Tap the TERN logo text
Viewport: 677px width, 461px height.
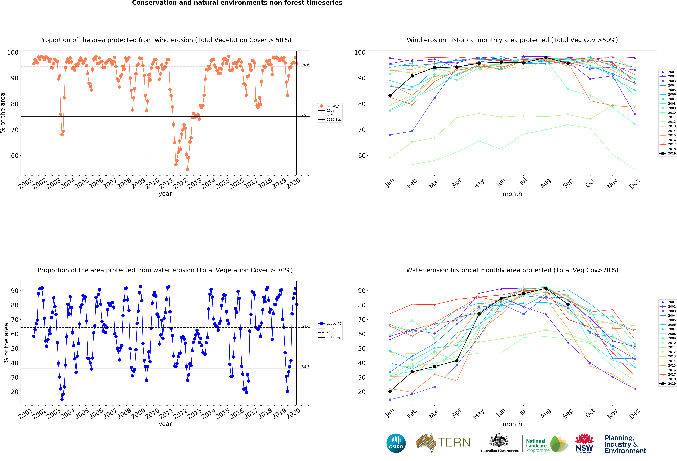454,442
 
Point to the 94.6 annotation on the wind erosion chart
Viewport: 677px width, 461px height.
305,65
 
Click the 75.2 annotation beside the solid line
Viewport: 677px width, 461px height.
305,115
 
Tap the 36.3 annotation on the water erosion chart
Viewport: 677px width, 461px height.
305,367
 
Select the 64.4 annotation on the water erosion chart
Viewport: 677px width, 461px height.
305,326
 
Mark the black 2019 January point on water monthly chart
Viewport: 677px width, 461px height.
390,391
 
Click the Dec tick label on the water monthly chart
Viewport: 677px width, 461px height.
634,413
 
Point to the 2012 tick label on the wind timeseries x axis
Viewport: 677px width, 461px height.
181,183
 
